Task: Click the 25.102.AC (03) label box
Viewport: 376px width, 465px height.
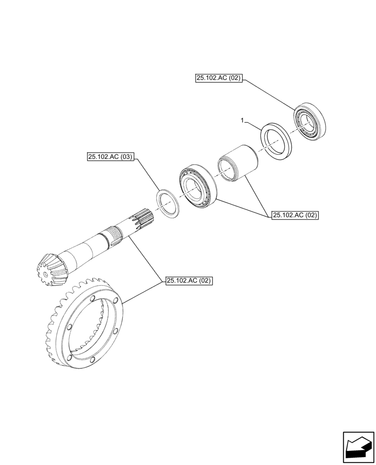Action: click(110, 158)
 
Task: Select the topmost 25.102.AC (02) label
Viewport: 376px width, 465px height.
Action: click(218, 79)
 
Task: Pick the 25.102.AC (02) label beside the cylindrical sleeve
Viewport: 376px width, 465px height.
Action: click(295, 215)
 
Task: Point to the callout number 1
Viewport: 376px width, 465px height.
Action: click(242, 121)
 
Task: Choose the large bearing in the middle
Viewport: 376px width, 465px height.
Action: click(197, 186)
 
